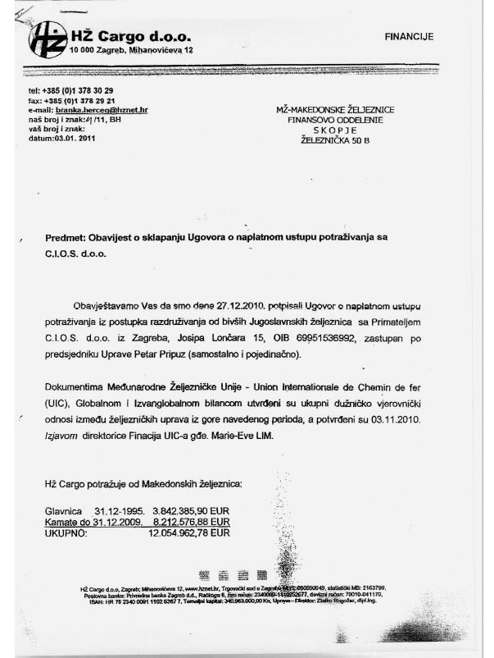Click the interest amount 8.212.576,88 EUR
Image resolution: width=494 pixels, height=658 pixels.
192,520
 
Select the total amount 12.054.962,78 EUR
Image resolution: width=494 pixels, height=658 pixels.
189,532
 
